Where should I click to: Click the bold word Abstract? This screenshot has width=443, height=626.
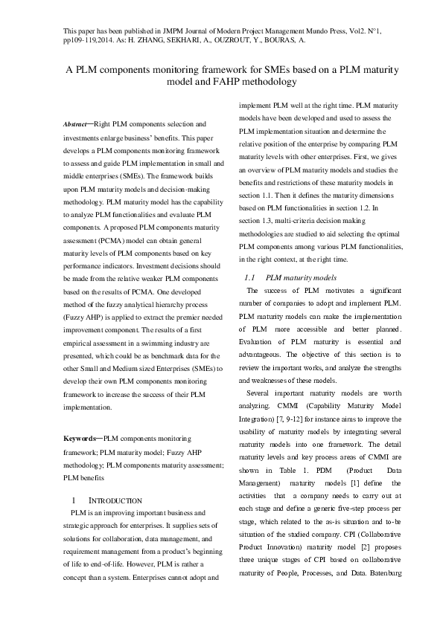point(76,123)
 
